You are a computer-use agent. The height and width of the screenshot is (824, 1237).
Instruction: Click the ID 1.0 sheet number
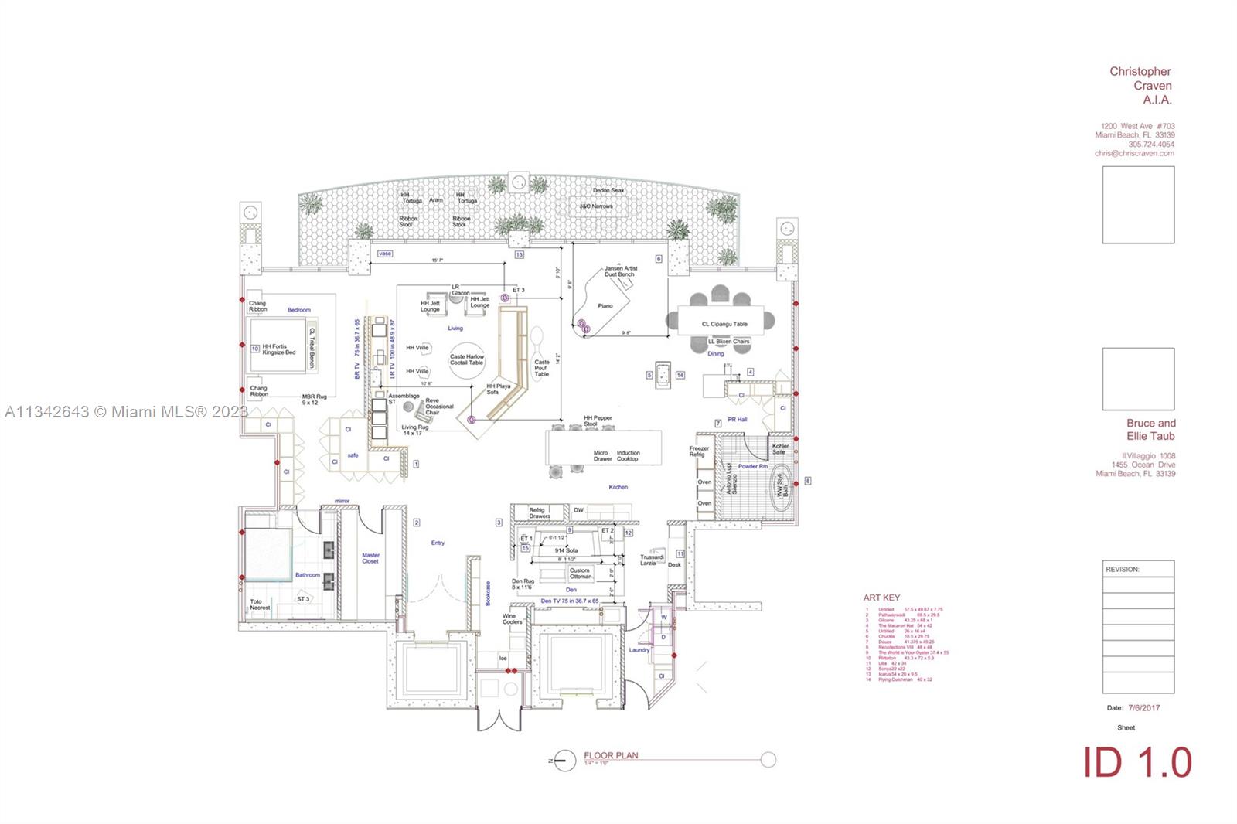point(1137,763)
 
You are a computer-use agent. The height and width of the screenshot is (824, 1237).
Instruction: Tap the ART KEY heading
point(881,598)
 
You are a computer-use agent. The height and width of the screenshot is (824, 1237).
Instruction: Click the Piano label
point(605,305)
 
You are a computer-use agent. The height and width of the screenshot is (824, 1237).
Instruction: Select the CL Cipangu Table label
point(724,324)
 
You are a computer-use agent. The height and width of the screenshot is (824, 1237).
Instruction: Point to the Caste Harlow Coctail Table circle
point(467,360)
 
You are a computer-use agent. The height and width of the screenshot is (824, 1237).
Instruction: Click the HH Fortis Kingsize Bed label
point(278,349)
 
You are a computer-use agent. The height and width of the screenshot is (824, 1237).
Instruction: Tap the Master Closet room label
point(370,557)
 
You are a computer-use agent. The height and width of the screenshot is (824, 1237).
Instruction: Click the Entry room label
point(438,543)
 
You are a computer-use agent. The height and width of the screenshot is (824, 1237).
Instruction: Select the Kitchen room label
point(618,487)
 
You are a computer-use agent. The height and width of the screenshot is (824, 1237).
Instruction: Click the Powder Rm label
point(752,466)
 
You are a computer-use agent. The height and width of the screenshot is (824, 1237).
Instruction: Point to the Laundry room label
point(639,650)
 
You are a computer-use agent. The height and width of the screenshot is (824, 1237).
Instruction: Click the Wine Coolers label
point(512,618)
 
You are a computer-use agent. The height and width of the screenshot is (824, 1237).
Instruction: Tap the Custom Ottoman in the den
point(580,574)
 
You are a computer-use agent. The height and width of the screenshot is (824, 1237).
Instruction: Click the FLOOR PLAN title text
point(611,755)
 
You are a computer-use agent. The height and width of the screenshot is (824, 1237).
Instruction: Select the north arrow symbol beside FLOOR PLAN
point(565,761)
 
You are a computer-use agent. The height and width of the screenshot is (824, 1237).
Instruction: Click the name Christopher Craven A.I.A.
point(1140,85)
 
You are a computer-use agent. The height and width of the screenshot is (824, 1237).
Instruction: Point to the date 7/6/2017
point(1143,707)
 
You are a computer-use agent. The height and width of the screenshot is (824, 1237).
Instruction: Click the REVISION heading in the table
point(1123,569)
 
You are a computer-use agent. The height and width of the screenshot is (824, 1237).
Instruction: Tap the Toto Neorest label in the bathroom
point(260,604)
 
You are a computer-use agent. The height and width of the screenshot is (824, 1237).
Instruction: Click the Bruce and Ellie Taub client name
point(1150,429)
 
